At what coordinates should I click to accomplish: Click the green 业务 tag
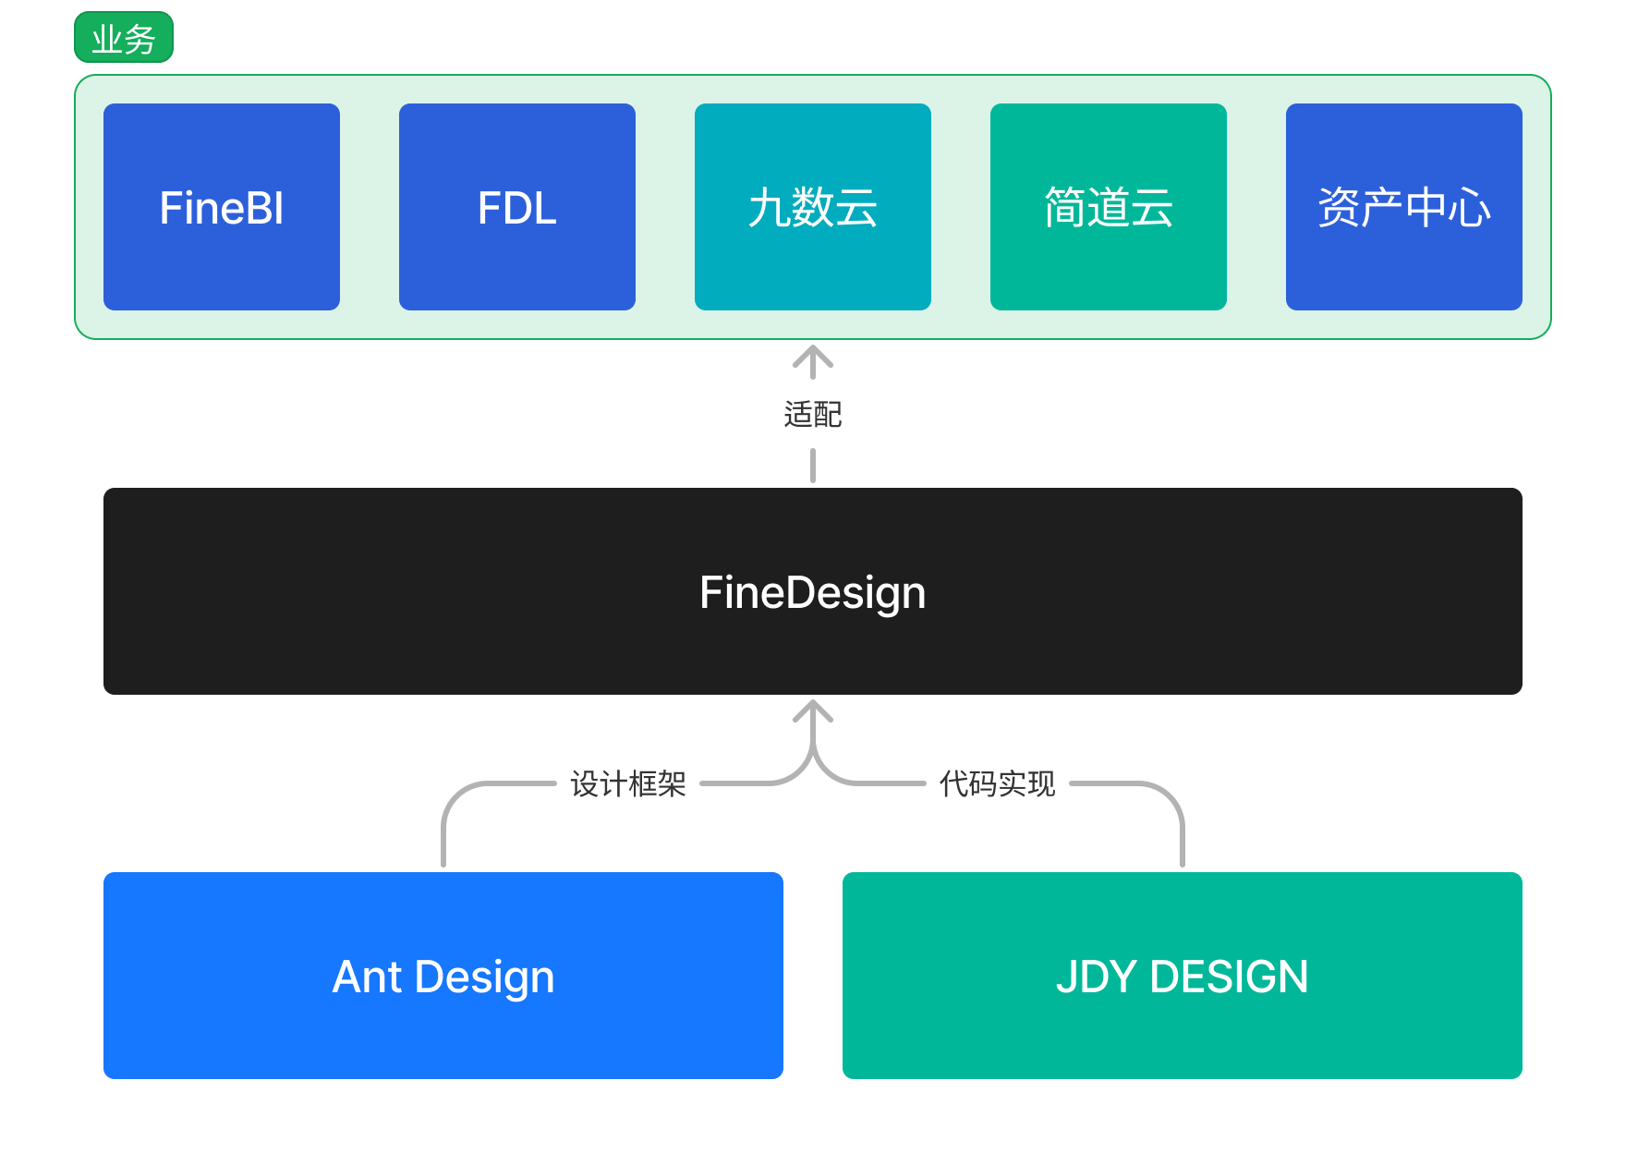click(x=123, y=38)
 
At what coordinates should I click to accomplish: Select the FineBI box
click(x=222, y=207)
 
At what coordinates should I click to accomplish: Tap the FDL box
click(x=517, y=207)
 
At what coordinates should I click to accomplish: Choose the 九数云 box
click(x=813, y=207)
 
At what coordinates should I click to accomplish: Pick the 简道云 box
click(x=1109, y=207)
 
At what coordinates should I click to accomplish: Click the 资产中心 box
click(x=1404, y=207)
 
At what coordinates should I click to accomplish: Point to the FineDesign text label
click(x=812, y=592)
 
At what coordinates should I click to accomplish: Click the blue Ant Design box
click(x=443, y=976)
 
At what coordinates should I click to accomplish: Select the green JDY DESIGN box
click(x=1183, y=976)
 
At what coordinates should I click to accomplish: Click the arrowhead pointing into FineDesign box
click(x=813, y=712)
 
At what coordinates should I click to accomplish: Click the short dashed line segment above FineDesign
click(x=813, y=465)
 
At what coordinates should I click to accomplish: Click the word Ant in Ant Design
click(x=367, y=977)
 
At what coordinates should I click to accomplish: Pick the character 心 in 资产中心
click(x=1470, y=208)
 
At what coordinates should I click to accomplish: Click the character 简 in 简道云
click(x=1065, y=208)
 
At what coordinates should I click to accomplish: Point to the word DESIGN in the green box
click(x=1229, y=977)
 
